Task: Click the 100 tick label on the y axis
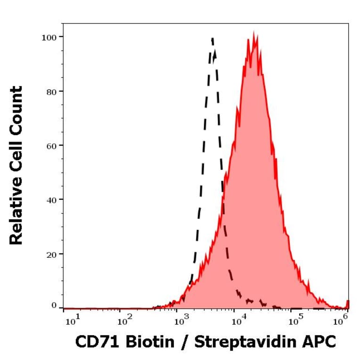(49, 37)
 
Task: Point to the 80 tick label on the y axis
(50, 91)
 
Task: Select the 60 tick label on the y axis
(50, 145)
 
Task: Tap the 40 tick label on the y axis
(50, 200)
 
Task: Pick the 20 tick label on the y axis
(50, 254)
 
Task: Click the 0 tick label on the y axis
(53, 305)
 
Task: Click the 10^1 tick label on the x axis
(71, 321)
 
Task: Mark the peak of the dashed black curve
(213, 39)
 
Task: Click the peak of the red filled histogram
(254, 34)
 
